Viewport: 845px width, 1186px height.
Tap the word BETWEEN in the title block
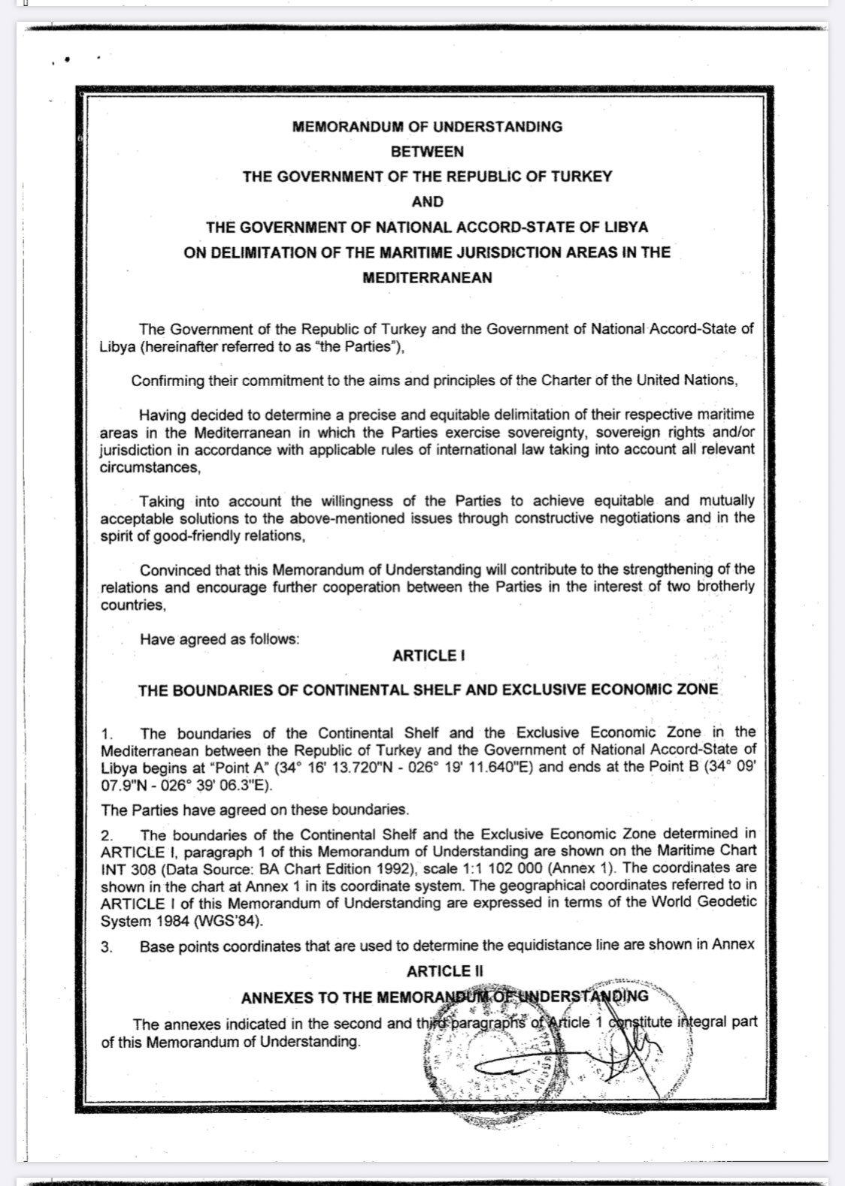click(x=427, y=152)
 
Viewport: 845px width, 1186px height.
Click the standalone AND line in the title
click(x=427, y=201)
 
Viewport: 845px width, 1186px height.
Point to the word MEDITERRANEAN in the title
click(x=427, y=277)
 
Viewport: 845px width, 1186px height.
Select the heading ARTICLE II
click(x=445, y=971)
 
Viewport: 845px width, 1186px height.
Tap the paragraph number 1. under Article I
click(x=107, y=733)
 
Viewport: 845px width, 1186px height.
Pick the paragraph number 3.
click(x=107, y=946)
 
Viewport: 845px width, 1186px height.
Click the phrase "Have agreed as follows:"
click(x=220, y=639)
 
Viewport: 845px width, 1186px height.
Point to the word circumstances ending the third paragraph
click(x=149, y=467)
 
